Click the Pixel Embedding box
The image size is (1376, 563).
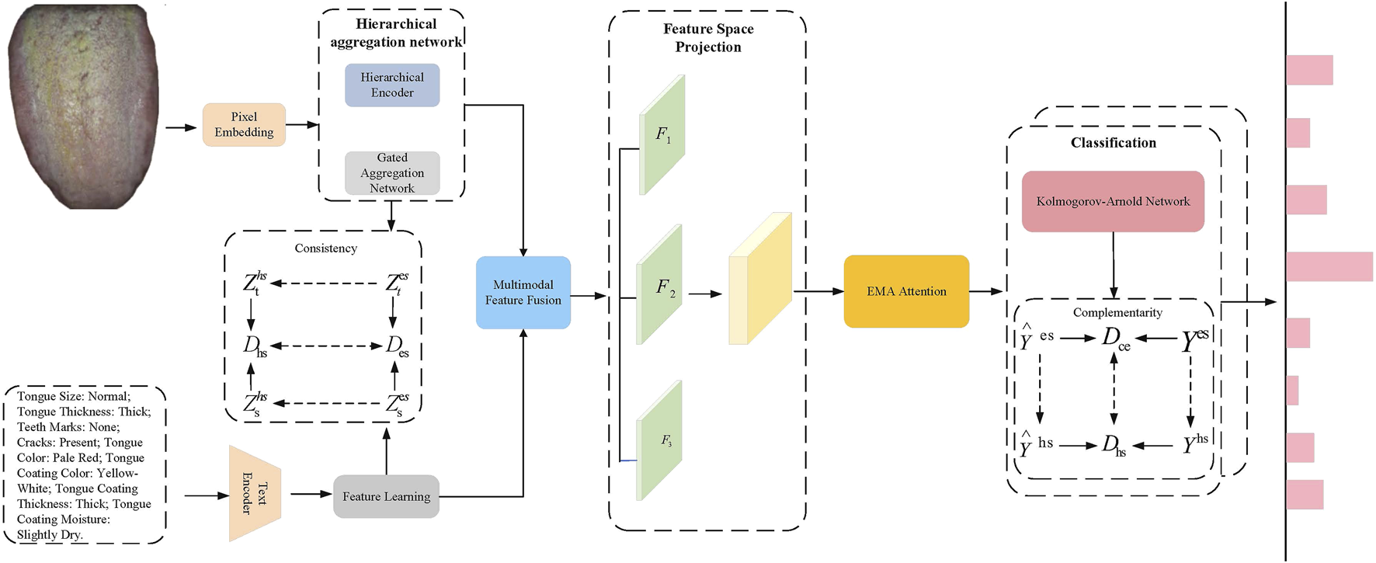click(x=244, y=124)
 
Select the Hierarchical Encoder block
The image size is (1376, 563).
click(x=392, y=85)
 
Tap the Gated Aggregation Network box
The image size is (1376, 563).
click(x=392, y=172)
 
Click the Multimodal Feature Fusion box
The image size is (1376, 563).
click(x=523, y=293)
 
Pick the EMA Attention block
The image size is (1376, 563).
click(x=906, y=291)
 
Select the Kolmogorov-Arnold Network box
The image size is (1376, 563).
click(x=1112, y=201)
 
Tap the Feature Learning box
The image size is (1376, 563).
click(x=386, y=496)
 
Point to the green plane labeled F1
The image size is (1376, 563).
click(x=662, y=134)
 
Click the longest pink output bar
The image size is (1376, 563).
click(x=1329, y=266)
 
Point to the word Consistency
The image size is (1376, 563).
click(x=325, y=248)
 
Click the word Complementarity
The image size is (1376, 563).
click(x=1117, y=312)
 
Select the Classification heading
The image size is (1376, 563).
click(x=1113, y=143)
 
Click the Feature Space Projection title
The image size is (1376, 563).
click(x=707, y=38)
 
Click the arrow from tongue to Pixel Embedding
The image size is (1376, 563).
click(x=180, y=127)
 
